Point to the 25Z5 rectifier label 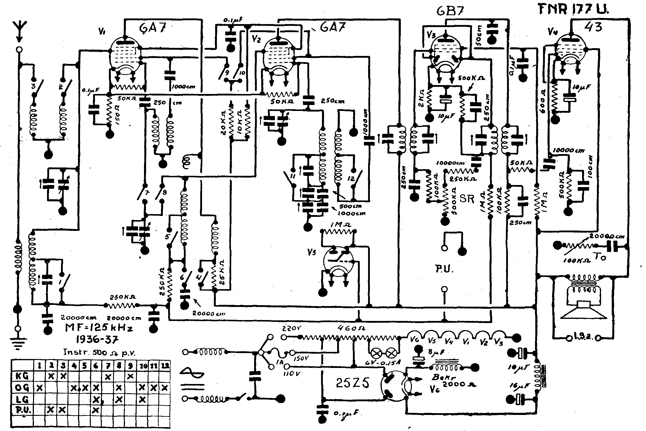[353, 384]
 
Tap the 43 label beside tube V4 [593, 26]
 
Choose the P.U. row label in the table [22, 410]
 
